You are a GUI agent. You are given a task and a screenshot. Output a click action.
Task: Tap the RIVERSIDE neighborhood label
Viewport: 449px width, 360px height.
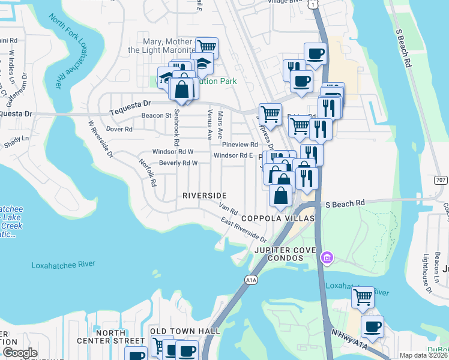pyautogui.click(x=205, y=196)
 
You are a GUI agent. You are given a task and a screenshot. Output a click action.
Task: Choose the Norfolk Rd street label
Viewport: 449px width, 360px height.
pyautogui.click(x=148, y=172)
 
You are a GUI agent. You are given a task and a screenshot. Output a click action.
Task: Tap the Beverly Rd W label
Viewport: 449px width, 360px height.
pyautogui.click(x=178, y=163)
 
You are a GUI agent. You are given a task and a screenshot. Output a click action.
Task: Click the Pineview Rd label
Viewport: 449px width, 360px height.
pyautogui.click(x=240, y=145)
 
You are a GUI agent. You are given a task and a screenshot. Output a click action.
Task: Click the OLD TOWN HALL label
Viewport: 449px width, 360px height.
pyautogui.click(x=184, y=331)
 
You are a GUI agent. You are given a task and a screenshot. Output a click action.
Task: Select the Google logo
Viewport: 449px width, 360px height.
pyautogui.click(x=20, y=353)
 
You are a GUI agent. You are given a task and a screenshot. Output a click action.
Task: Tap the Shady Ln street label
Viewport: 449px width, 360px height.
pyautogui.click(x=16, y=138)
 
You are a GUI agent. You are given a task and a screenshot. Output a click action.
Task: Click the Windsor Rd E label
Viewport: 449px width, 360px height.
pyautogui.click(x=234, y=155)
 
